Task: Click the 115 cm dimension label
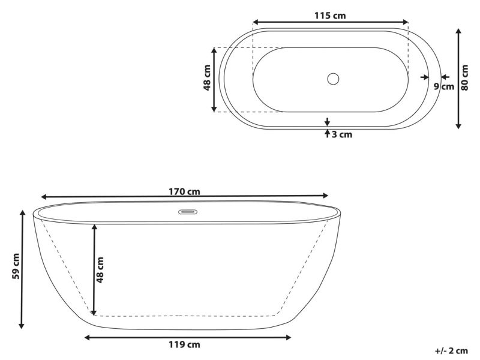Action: (330, 16)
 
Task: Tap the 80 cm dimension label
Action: (464, 77)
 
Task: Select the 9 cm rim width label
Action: (444, 86)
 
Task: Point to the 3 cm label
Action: (342, 134)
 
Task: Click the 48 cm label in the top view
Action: (207, 77)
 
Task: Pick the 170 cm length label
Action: (184, 191)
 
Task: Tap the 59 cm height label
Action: (16, 266)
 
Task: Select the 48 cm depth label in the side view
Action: (100, 269)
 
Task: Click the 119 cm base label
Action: (184, 344)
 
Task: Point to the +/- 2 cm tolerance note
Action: (451, 350)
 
